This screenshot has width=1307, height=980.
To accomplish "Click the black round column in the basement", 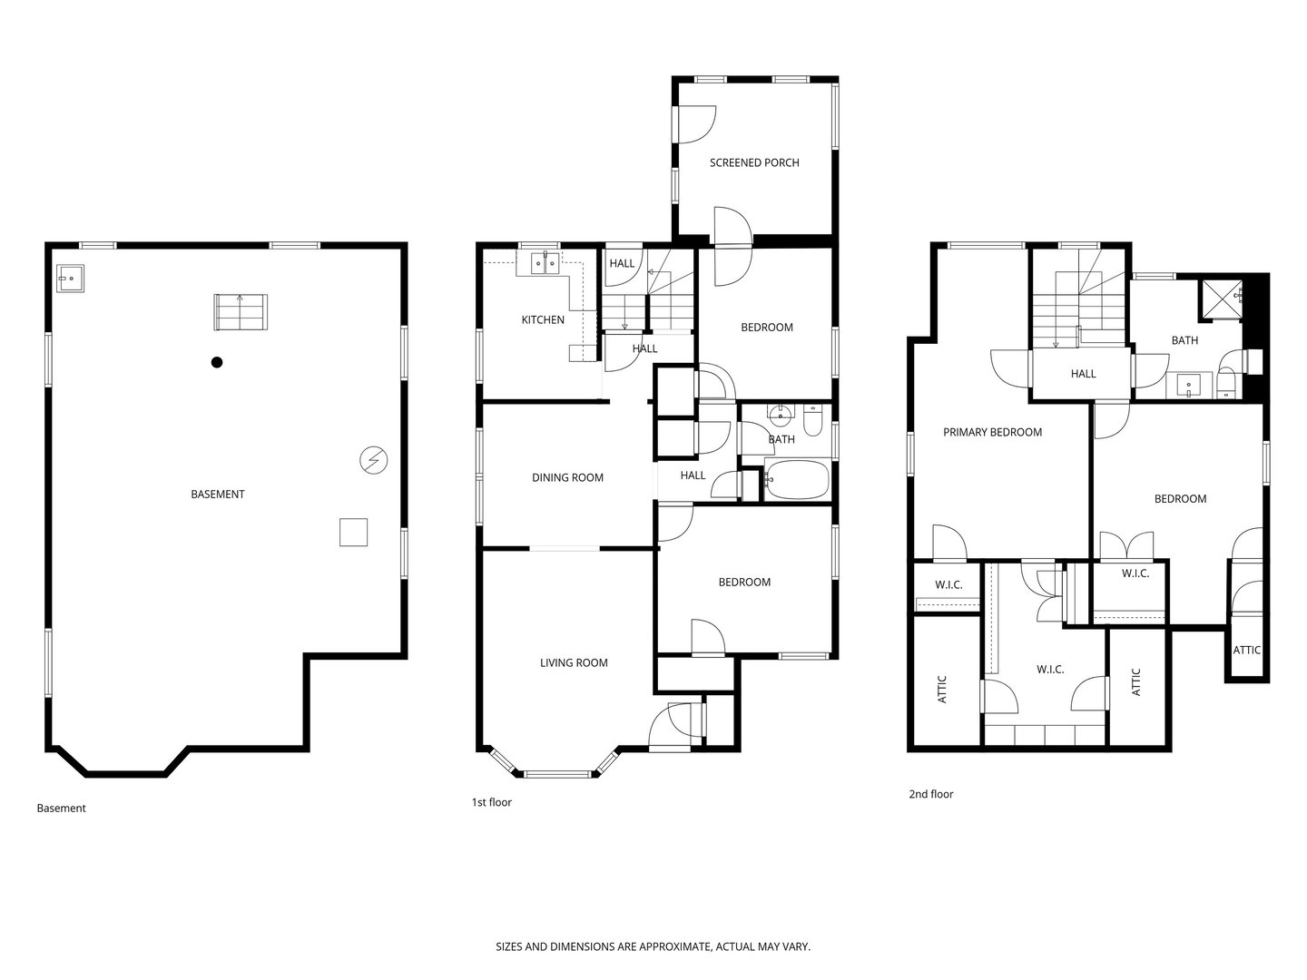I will [x=217, y=363].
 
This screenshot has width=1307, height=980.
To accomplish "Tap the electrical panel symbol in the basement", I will [x=373, y=460].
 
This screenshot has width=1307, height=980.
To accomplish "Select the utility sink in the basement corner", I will [x=70, y=278].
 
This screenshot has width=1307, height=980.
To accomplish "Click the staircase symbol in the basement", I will [x=241, y=312].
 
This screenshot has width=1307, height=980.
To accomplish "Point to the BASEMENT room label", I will [x=217, y=495].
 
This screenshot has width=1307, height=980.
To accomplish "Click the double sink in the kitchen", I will [x=543, y=264].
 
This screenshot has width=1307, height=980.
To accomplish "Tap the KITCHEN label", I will [x=543, y=319].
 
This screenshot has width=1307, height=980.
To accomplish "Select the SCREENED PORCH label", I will [x=754, y=163].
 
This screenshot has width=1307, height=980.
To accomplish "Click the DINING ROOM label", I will [x=567, y=477].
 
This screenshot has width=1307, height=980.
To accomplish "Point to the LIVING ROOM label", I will [x=574, y=662].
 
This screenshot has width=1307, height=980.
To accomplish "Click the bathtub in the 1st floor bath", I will [x=796, y=480].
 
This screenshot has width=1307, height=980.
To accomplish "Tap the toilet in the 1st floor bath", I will [x=813, y=422].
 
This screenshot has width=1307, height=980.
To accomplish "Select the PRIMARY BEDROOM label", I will [x=992, y=432].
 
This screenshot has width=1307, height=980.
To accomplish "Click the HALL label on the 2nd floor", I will [x=1083, y=374].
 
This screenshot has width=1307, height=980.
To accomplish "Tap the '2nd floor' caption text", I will [x=931, y=794].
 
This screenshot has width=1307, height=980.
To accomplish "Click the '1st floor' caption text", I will [x=491, y=802].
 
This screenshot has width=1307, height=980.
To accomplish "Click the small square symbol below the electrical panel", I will [x=353, y=532].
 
